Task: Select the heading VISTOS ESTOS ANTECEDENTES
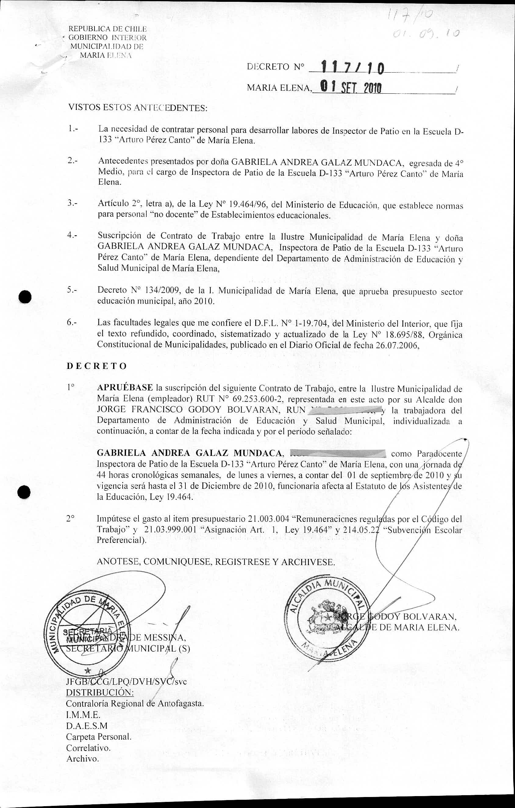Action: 138,108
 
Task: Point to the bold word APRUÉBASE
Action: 125,388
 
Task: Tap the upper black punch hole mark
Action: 25,297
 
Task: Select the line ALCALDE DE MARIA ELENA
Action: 397,627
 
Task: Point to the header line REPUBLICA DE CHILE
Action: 108,29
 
